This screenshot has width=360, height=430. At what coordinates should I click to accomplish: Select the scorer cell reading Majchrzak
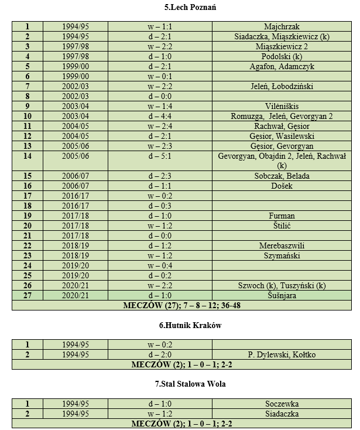click(282, 27)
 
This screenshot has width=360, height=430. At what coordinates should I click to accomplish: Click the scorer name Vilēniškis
click(282, 106)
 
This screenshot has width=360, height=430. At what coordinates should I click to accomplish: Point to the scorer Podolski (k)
click(282, 56)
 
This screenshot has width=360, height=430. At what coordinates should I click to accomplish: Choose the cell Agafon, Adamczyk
click(282, 66)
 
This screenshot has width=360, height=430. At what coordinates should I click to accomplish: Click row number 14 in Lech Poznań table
click(28, 156)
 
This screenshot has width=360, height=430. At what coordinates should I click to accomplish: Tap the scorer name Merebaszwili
click(282, 245)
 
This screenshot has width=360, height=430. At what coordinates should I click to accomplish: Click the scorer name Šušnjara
click(282, 295)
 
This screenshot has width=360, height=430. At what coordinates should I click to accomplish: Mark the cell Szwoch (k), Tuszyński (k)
click(282, 285)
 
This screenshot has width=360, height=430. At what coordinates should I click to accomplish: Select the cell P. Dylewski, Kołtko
click(282, 354)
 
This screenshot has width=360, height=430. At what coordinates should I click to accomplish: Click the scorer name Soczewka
click(282, 404)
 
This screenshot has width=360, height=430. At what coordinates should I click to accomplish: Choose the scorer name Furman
click(282, 216)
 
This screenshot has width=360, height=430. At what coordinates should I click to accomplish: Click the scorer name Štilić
click(282, 226)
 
